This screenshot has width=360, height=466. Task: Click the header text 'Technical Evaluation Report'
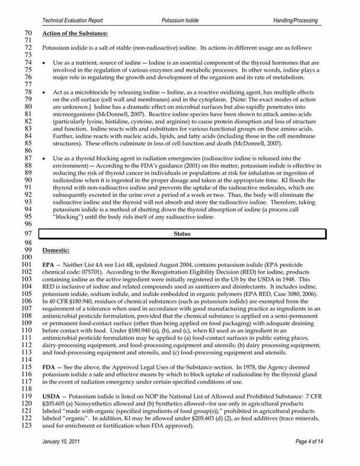(x=73, y=20)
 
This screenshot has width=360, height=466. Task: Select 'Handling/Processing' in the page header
(x=295, y=20)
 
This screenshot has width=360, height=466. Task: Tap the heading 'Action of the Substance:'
(x=75, y=34)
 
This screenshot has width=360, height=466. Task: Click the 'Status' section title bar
(x=182, y=234)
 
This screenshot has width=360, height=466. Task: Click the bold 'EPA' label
(x=48, y=265)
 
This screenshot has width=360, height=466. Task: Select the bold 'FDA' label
(x=49, y=367)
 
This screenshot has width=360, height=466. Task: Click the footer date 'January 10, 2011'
(x=64, y=442)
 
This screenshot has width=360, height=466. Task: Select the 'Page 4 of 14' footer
(x=309, y=442)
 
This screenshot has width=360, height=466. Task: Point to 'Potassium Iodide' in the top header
(x=181, y=20)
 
